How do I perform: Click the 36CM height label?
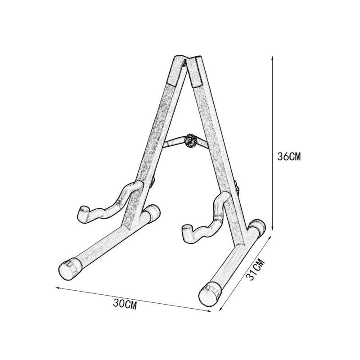tap(289, 157)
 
